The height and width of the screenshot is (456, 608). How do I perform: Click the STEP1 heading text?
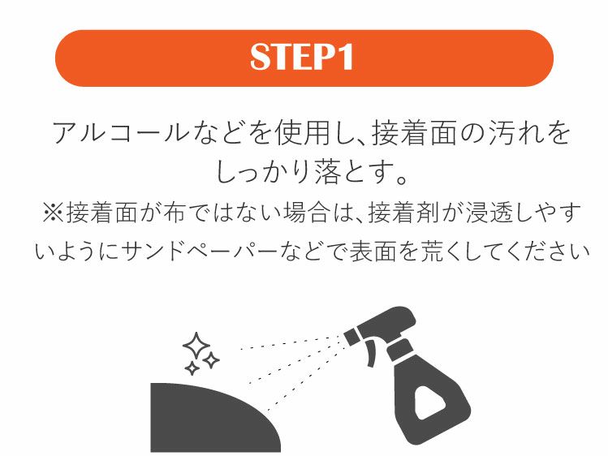click(303, 58)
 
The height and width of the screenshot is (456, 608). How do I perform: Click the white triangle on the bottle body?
click(425, 399)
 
